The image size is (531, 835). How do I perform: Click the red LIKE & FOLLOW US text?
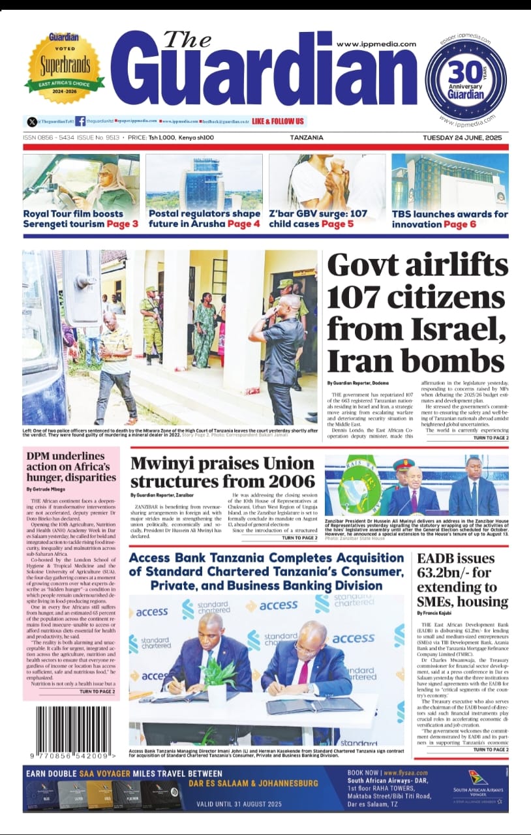point(277,121)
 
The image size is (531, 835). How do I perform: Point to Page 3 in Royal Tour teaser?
point(123,224)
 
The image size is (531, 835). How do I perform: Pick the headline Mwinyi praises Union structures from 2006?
point(222,472)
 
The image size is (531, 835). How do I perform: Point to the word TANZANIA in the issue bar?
point(307,138)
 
